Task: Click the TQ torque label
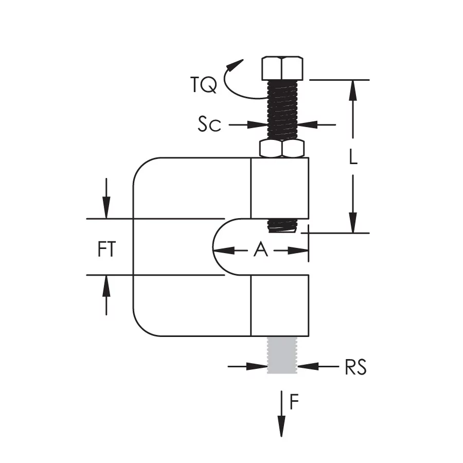point(203,85)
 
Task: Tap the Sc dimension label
point(209,124)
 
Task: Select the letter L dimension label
point(353,156)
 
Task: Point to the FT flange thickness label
point(106,250)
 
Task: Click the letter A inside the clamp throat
point(261,250)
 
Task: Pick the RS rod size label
point(356,367)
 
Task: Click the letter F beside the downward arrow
point(294,402)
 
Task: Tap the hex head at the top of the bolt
point(282,68)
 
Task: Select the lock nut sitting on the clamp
point(282,148)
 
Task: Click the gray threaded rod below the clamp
point(282,355)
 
